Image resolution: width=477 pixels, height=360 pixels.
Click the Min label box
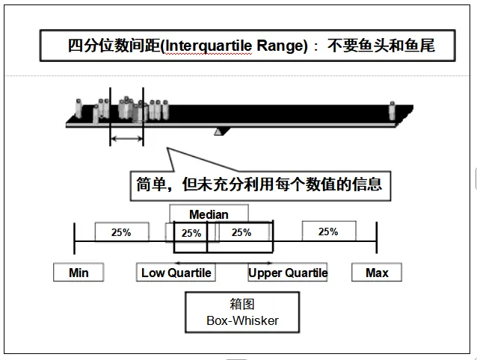click(79, 273)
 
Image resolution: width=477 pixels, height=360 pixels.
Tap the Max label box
click(377, 273)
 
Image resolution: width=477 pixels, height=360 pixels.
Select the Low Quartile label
click(176, 273)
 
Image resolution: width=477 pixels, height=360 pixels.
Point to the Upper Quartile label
click(288, 273)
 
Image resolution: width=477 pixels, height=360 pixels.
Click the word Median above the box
click(209, 214)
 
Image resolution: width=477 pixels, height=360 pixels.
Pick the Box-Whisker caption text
click(242, 321)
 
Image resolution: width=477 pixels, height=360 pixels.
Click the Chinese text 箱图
click(242, 305)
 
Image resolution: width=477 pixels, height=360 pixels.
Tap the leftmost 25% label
click(121, 232)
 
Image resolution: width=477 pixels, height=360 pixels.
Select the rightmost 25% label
click(328, 232)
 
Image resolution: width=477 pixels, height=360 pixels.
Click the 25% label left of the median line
click(191, 233)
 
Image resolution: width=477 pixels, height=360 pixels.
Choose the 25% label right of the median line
click(241, 232)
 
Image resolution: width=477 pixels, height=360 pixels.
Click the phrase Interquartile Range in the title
click(236, 46)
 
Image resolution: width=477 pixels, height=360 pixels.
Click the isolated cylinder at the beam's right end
click(392, 111)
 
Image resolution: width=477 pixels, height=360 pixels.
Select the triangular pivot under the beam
click(218, 131)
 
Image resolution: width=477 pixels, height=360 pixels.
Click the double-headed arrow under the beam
click(126, 139)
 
